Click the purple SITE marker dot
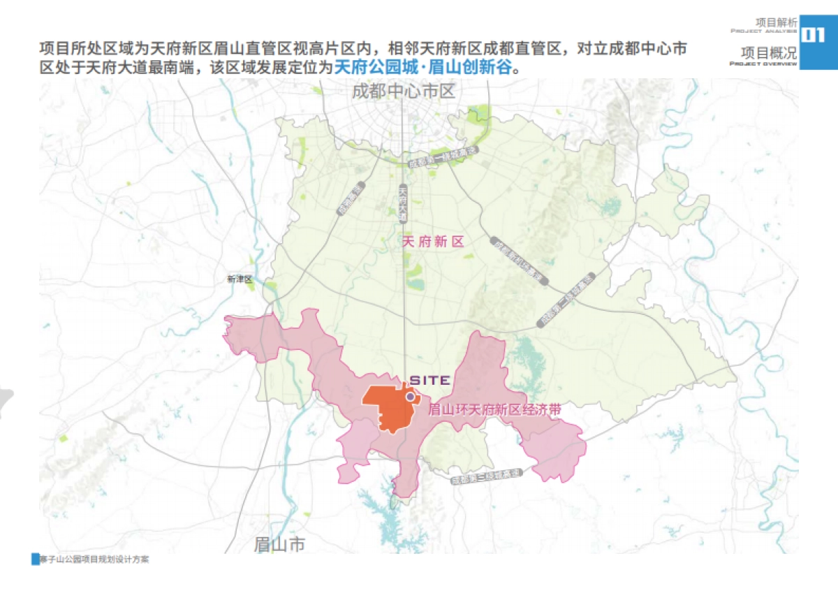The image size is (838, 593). (x=411, y=396)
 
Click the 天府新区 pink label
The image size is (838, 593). (x=434, y=242)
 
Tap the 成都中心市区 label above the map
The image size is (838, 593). (x=403, y=91)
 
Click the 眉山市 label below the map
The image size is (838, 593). (x=279, y=544)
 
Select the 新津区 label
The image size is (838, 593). (x=239, y=279)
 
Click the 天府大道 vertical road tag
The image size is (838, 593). (x=403, y=203)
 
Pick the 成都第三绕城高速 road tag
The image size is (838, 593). (x=487, y=478)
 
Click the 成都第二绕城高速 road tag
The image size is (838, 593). (x=566, y=298)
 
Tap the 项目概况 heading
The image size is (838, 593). (x=768, y=52)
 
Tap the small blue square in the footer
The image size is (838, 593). (x=36, y=559)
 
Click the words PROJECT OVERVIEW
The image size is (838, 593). (x=763, y=64)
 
